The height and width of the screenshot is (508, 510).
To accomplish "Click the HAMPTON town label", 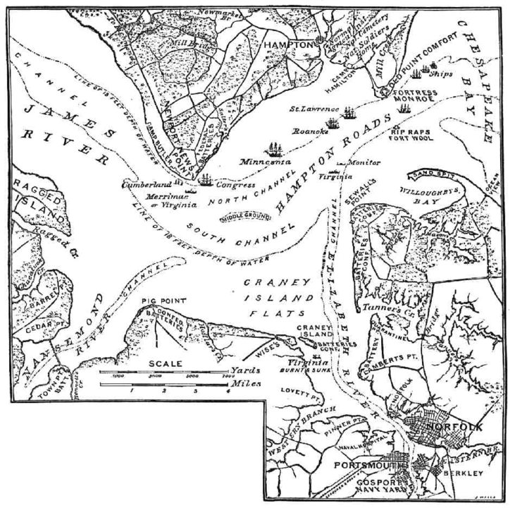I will point(287,44).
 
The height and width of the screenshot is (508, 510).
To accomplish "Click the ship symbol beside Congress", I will point(206,180).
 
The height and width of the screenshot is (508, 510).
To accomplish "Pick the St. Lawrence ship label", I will point(313,110).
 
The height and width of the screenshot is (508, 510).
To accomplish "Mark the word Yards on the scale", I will point(241,370).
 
